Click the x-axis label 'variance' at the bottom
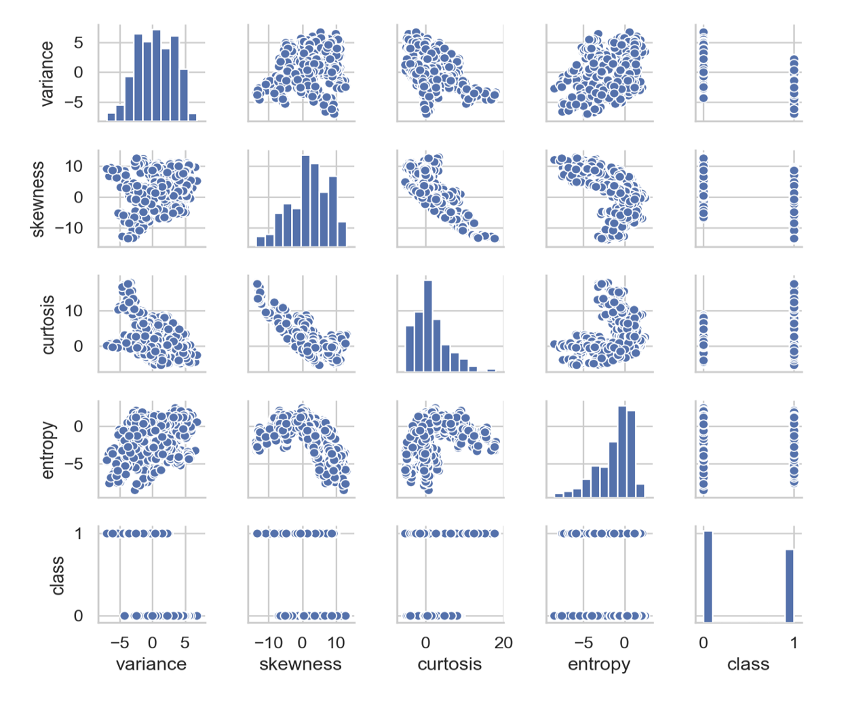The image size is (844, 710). click(x=151, y=664)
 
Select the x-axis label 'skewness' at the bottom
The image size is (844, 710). click(x=301, y=664)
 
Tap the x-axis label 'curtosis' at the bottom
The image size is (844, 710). click(x=449, y=664)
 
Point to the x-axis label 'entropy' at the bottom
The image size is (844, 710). click(x=599, y=664)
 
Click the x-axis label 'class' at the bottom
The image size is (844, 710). click(x=748, y=664)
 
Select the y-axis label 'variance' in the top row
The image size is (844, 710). click(x=47, y=73)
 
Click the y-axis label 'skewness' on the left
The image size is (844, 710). click(x=38, y=199)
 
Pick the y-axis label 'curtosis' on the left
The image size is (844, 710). click(x=47, y=324)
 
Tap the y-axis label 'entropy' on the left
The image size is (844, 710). click(x=47, y=449)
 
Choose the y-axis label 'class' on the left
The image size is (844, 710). click(x=58, y=576)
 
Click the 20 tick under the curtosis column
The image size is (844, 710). click(x=503, y=643)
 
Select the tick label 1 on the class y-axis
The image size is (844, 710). click(x=79, y=534)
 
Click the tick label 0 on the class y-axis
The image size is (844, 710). click(x=79, y=616)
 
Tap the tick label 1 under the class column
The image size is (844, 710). click(x=794, y=643)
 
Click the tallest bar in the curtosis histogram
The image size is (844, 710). click(x=427, y=326)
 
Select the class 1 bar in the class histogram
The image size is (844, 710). click(x=789, y=585)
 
